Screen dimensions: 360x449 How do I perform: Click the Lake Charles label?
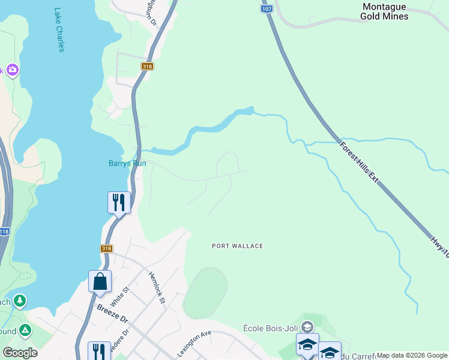pyautogui.click(x=59, y=30)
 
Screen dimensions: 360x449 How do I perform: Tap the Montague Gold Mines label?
pyautogui.click(x=384, y=11)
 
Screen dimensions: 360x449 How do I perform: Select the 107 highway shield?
pyautogui.click(x=267, y=9)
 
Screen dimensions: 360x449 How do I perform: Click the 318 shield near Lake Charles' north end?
pyautogui.click(x=147, y=67)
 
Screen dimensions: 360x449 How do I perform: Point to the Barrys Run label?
pyautogui.click(x=127, y=163)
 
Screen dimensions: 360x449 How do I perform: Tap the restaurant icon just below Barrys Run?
pyautogui.click(x=119, y=202)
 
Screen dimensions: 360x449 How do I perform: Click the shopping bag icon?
pyautogui.click(x=100, y=281)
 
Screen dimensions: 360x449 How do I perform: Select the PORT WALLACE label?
pyautogui.click(x=238, y=246)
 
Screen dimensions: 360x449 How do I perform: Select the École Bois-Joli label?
pyautogui.click(x=273, y=328)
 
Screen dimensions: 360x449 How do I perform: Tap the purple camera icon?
pyautogui.click(x=13, y=70)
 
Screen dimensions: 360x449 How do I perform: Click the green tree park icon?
pyautogui.click(x=20, y=299)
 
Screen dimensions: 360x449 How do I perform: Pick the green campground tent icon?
pyautogui.click(x=25, y=329)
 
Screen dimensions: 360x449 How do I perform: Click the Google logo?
pyautogui.click(x=20, y=353)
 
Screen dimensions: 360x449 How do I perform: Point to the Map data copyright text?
pyautogui.click(x=412, y=356)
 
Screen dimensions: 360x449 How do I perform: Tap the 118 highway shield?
pyautogui.click(x=5, y=231)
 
